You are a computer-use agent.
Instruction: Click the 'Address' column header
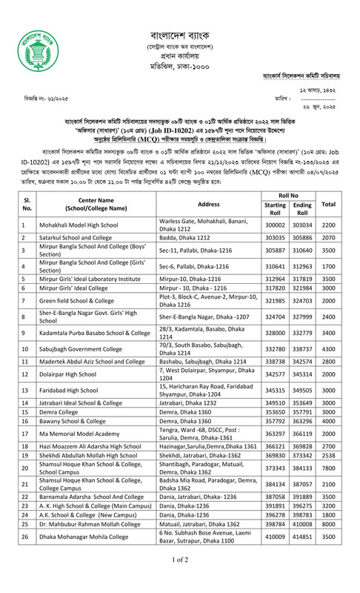point(210,204)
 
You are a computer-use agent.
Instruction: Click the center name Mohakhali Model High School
point(81,224)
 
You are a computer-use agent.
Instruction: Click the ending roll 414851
point(303,554)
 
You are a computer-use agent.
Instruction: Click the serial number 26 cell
point(24,554)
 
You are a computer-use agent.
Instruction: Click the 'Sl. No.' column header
point(24,204)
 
